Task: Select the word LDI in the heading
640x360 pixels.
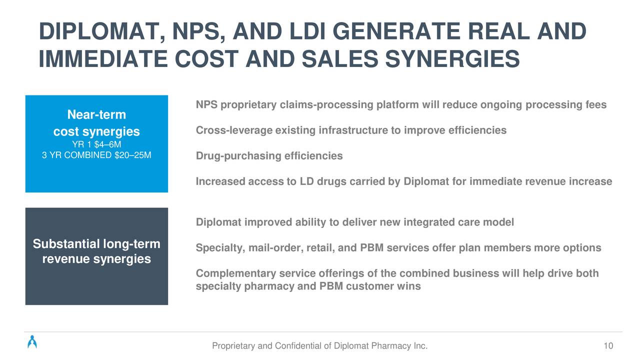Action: (x=307, y=31)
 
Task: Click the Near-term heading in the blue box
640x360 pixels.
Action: (x=96, y=114)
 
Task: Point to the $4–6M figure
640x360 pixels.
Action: (x=107, y=144)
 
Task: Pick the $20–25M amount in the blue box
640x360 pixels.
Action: (x=133, y=155)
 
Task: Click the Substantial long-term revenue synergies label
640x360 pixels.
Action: (x=96, y=251)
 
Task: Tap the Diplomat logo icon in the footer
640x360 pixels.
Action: (x=32, y=341)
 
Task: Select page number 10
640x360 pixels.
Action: (x=608, y=346)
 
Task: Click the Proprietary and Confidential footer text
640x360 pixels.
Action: (x=319, y=346)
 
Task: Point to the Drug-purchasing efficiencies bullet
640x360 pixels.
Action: (x=269, y=156)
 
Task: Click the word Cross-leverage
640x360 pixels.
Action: (x=234, y=130)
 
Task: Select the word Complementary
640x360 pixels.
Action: (x=236, y=273)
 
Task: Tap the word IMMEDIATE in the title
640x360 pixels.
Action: (x=103, y=59)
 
